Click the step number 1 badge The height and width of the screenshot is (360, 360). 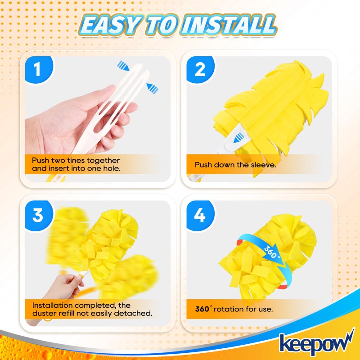coord(38,70)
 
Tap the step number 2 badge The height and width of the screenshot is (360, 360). coord(200,70)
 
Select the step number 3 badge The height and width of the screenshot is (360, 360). coord(38,215)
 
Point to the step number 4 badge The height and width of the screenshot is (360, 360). coord(200,215)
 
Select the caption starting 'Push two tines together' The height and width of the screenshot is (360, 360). coord(76,160)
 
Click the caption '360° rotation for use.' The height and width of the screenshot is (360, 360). coord(234,309)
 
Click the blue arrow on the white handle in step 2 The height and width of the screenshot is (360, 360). coord(239,136)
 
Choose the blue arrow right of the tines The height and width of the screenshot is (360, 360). coord(153,89)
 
